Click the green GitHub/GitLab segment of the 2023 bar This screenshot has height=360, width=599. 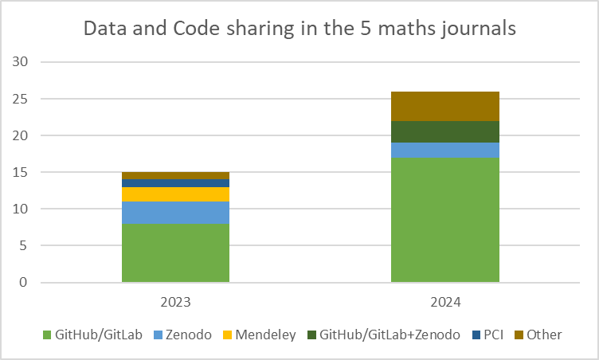[x=175, y=252]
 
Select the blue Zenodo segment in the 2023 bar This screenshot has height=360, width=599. [x=175, y=213]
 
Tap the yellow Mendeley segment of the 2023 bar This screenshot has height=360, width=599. [x=175, y=194]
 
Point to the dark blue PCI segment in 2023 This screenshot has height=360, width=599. [x=175, y=183]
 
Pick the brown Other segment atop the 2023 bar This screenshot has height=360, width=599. [x=175, y=176]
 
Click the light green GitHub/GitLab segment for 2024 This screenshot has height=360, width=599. [x=444, y=219]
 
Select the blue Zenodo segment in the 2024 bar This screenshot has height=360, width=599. [x=444, y=150]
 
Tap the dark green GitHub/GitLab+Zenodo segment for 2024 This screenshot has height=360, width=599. [x=444, y=132]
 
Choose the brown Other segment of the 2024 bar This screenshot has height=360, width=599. [x=444, y=106]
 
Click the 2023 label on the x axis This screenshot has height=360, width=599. [x=175, y=303]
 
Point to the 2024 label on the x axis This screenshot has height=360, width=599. [x=444, y=303]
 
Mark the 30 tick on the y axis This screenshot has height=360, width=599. [x=22, y=62]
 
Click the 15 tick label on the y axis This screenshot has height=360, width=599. [x=22, y=172]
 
